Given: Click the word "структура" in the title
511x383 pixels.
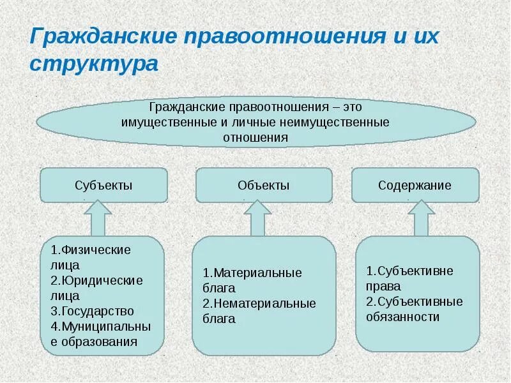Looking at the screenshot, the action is point(93,64).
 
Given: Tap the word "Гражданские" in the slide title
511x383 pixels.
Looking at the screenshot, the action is point(102,36).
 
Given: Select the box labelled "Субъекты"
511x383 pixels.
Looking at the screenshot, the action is point(103,186).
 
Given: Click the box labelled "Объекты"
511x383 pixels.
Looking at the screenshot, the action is point(263,186).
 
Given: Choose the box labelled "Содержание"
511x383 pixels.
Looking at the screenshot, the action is point(415,186).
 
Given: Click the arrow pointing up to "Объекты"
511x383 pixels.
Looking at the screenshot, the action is point(257,218).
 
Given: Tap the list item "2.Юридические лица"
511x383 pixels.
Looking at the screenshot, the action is point(96,288).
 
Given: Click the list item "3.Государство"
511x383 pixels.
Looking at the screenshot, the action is point(92,312).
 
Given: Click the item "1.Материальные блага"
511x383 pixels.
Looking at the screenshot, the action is point(252,280).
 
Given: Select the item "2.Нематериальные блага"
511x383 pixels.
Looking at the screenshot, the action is point(259,311).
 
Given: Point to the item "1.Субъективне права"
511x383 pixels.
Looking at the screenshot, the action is point(409,278).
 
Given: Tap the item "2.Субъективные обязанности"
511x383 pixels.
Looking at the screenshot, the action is point(415,309).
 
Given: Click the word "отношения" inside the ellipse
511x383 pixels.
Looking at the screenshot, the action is point(256,137).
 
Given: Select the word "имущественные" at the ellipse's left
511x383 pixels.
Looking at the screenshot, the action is point(160,121).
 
